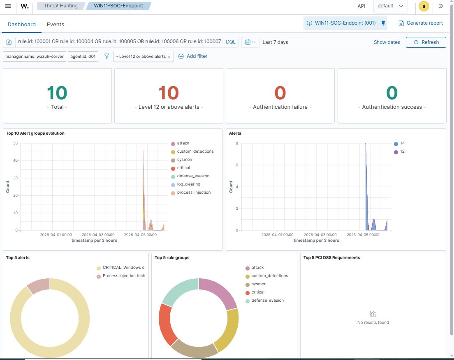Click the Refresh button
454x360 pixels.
(x=426, y=42)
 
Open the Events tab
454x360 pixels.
(x=56, y=25)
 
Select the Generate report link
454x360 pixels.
(x=421, y=23)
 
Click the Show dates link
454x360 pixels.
(x=387, y=42)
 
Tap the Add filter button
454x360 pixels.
(x=193, y=56)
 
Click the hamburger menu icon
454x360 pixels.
(x=8, y=6)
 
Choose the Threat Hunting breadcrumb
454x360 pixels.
(x=61, y=6)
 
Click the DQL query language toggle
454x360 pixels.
(x=231, y=42)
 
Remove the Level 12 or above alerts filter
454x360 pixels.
(x=169, y=57)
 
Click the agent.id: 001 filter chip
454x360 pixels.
(x=83, y=56)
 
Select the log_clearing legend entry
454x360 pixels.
(x=188, y=184)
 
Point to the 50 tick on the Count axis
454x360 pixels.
(x=15, y=143)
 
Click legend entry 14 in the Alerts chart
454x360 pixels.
(x=402, y=143)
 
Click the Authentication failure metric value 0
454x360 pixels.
(x=280, y=93)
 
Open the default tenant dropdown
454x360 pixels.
(x=390, y=6)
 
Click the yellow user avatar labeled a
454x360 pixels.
(x=424, y=6)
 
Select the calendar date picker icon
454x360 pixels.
(x=250, y=42)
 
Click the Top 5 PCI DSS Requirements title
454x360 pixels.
(x=331, y=258)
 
